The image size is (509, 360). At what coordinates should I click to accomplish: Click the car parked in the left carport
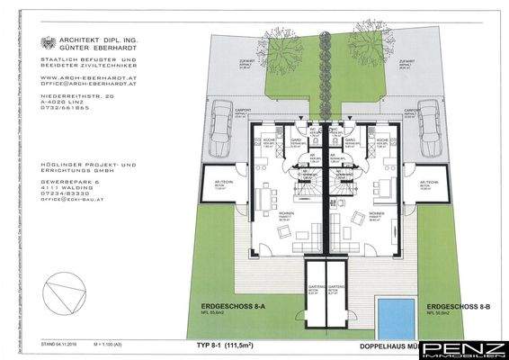pyautogui.click(x=221, y=123)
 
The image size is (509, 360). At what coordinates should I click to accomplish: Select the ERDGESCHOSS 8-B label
pyautogui.click(x=460, y=307)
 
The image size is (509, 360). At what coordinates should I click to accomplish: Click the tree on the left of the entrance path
pyautogui.click(x=282, y=37)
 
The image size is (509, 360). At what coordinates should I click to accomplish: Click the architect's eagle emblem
pyautogui.click(x=49, y=41)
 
